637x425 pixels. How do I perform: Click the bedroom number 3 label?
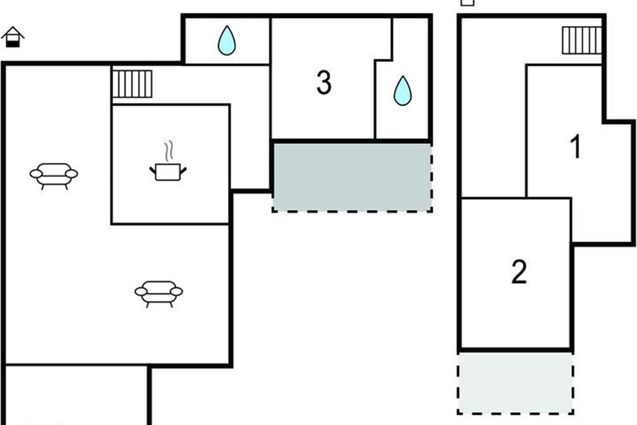point(324,83)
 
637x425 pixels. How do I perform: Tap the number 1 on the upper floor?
point(575,147)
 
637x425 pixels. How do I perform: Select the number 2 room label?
point(519,273)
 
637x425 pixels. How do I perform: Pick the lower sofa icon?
point(159,292)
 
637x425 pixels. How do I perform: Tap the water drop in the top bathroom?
point(227,41)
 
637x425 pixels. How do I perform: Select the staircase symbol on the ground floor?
point(132,84)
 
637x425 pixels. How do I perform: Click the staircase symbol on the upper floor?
point(581,40)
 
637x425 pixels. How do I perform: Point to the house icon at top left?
point(13,37)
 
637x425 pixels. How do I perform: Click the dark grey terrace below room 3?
point(352,176)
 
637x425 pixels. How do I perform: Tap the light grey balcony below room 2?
point(515,383)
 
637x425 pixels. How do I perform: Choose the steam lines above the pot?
point(169,151)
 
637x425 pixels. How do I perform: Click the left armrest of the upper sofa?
point(36,174)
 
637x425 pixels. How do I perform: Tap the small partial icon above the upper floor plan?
point(467,2)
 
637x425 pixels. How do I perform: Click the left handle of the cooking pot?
point(152,169)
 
